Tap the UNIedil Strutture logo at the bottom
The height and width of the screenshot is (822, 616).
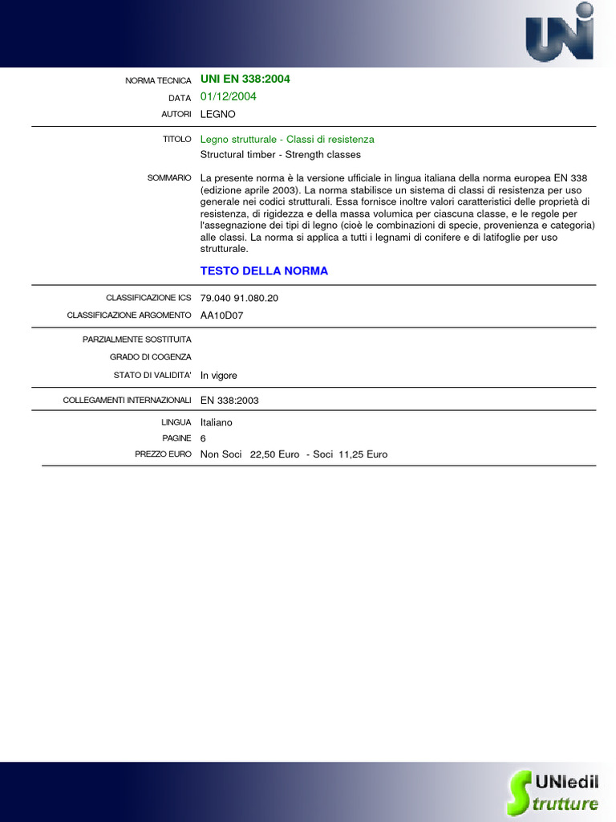(x=553, y=791)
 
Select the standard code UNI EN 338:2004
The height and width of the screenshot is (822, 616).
(x=245, y=79)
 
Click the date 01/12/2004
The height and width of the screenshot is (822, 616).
(x=229, y=96)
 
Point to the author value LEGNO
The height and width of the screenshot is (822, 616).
(x=218, y=114)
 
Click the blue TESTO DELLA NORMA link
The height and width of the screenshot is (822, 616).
(x=264, y=271)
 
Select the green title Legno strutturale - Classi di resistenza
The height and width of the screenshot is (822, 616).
(x=287, y=139)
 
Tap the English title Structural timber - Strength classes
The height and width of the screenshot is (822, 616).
(x=281, y=154)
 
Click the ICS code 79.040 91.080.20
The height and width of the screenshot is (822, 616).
(x=239, y=298)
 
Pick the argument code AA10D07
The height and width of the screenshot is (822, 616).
(x=221, y=315)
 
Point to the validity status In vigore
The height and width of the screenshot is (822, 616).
(x=219, y=375)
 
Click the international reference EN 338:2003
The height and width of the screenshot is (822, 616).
(x=229, y=400)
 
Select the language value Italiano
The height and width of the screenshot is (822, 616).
(x=217, y=421)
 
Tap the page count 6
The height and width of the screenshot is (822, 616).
(x=204, y=438)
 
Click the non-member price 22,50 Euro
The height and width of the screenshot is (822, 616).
(x=274, y=454)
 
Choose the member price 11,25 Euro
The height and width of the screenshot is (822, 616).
(x=363, y=454)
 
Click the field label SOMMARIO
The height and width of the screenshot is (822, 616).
(x=169, y=177)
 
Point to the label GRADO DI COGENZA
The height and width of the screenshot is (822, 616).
(x=151, y=357)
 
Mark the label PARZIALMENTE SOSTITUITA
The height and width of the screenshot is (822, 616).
(x=137, y=340)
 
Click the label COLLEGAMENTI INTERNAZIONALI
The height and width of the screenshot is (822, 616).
(x=128, y=400)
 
